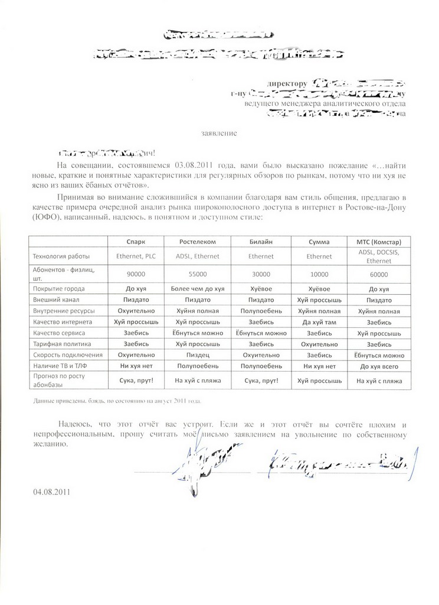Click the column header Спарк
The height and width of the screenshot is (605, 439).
click(x=136, y=242)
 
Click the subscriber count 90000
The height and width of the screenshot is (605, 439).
click(x=136, y=274)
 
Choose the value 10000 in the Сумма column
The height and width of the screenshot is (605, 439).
click(x=319, y=274)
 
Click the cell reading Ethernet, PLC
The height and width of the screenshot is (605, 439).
click(x=136, y=256)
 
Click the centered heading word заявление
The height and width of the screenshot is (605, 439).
click(x=221, y=133)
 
